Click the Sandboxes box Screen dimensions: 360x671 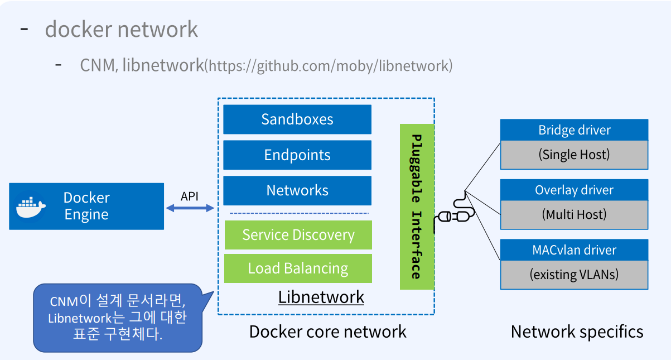[x=297, y=119]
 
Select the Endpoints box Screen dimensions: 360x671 [x=297, y=155]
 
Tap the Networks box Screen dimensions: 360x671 [x=297, y=191]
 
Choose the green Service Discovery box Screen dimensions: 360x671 [x=298, y=235]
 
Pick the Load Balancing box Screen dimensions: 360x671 [x=298, y=268]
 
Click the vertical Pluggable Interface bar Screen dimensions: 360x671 [x=417, y=207]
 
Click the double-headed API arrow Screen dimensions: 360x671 [x=190, y=208]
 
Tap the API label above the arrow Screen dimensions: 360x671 [x=190, y=196]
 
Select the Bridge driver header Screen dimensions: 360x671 [x=574, y=130]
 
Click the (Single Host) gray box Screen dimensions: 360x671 [x=574, y=155]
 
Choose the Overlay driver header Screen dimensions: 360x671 [x=574, y=190]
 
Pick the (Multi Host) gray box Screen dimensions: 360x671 [x=574, y=214]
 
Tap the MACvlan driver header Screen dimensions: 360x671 [x=574, y=250]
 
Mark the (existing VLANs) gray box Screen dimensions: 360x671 [x=574, y=275]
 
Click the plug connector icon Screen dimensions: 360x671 [x=455, y=215]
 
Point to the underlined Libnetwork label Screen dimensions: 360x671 [x=321, y=297]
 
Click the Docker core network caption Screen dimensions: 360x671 [x=327, y=332]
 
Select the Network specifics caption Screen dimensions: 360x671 [x=577, y=332]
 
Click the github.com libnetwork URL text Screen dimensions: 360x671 [x=329, y=66]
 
